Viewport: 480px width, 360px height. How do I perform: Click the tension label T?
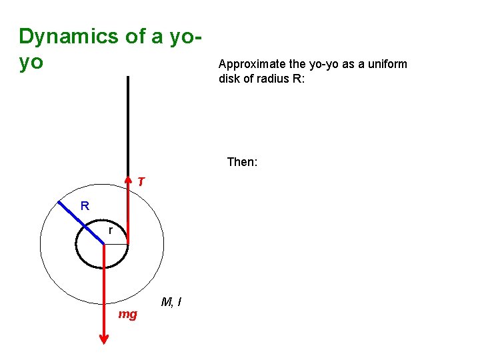coord(141,181)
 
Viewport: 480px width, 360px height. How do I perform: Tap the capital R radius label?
coord(85,206)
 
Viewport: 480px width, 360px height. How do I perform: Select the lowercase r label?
coord(110,231)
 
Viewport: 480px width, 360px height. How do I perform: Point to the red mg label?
coord(127,314)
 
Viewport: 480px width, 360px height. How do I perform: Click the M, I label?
coord(171,303)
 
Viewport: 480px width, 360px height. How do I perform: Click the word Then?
coord(242,162)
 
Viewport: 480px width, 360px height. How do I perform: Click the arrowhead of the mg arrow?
coord(104,338)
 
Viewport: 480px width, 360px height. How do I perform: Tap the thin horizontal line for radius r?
coord(116,244)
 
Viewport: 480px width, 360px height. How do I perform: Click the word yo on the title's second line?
coord(31,63)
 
